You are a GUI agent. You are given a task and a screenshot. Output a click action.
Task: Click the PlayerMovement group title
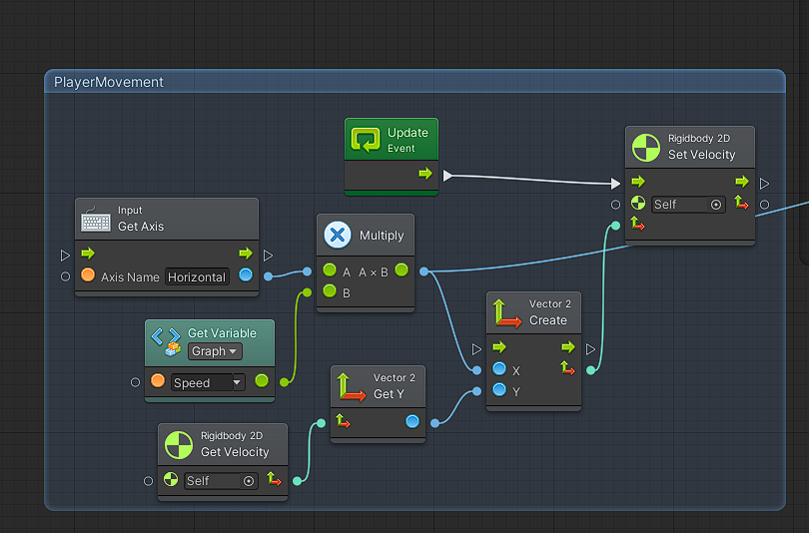point(109,82)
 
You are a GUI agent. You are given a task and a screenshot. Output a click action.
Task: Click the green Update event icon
point(366,140)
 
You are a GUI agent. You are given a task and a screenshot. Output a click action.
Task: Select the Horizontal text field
point(197,276)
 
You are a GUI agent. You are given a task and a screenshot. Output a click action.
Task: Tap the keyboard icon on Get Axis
point(96,219)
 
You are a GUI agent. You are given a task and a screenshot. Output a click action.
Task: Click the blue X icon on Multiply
point(338,236)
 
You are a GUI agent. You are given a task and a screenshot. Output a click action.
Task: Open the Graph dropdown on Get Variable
point(216,351)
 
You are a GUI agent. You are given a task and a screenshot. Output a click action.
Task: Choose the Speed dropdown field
point(208,382)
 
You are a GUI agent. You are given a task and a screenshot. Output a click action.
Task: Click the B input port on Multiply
point(330,292)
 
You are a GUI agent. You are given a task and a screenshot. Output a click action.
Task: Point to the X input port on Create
point(499,369)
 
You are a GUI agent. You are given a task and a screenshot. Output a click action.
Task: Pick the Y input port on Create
point(499,391)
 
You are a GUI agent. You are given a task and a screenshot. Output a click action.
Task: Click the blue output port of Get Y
point(412,422)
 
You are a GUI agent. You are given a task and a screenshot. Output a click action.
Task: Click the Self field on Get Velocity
point(221,481)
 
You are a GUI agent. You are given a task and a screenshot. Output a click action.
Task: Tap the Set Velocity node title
point(701,155)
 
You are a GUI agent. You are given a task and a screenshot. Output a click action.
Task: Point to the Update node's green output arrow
point(425,174)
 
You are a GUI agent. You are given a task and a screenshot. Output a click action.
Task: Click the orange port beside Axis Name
point(88,276)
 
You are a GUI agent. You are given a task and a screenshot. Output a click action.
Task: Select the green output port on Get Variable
point(262,380)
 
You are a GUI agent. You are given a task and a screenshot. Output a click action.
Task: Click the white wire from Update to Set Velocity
point(529,180)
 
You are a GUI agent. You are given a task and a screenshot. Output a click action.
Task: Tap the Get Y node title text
point(390,394)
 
